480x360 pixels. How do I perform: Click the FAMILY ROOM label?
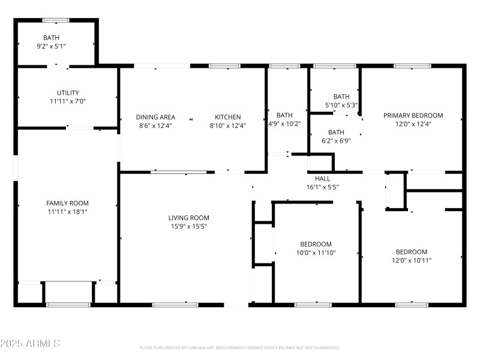tap(67, 203)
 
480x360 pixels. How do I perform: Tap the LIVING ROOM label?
tap(188, 218)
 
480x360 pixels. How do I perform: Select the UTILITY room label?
tap(68, 93)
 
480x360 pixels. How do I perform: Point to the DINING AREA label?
tap(155, 117)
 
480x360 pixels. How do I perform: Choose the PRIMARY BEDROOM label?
tap(413, 116)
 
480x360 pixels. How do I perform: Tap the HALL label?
tap(322, 178)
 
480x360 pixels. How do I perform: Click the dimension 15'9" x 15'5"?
tap(188, 226)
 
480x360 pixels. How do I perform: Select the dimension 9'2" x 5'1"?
tap(51, 46)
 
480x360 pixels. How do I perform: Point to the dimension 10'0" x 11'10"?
tap(316, 253)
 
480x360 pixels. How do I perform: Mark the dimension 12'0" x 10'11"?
tap(411, 260)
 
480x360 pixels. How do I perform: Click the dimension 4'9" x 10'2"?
tap(284, 124)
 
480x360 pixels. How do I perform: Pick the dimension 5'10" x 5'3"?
tap(341, 105)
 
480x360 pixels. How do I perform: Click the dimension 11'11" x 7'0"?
tap(68, 101)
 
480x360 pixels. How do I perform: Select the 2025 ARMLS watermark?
tap(30, 344)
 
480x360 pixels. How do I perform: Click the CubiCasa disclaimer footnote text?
tap(239, 347)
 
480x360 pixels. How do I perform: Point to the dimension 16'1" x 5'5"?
tap(322, 187)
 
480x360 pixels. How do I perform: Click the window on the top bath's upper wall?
tap(56, 20)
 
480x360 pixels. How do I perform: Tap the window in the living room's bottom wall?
tap(175, 305)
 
